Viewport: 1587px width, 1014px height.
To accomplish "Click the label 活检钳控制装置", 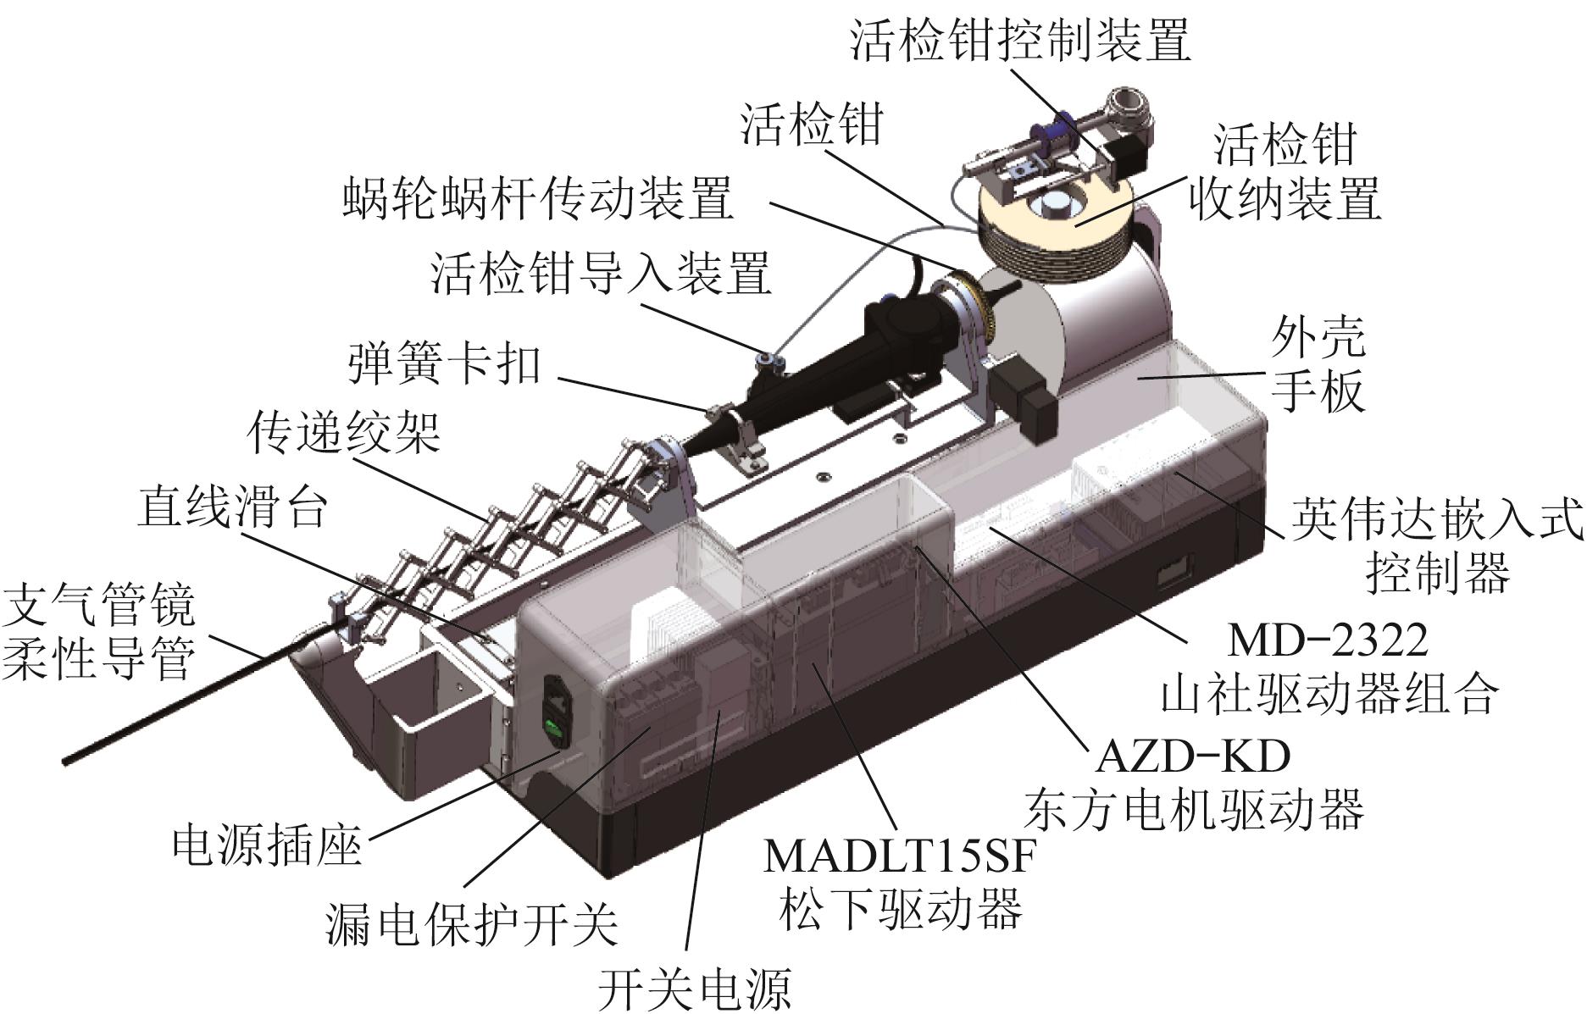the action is pyautogui.click(x=1021, y=38).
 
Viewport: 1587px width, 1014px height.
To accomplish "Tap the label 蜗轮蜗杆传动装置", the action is pyautogui.click(x=538, y=198).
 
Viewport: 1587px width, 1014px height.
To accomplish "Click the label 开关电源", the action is pyautogui.click(x=694, y=987).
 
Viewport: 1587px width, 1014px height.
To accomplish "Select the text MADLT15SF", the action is pyautogui.click(x=900, y=856).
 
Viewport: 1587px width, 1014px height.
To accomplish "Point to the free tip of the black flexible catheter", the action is pyautogui.click(x=66, y=762).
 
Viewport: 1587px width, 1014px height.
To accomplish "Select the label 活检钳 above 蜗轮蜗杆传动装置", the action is pyautogui.click(x=812, y=123).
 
